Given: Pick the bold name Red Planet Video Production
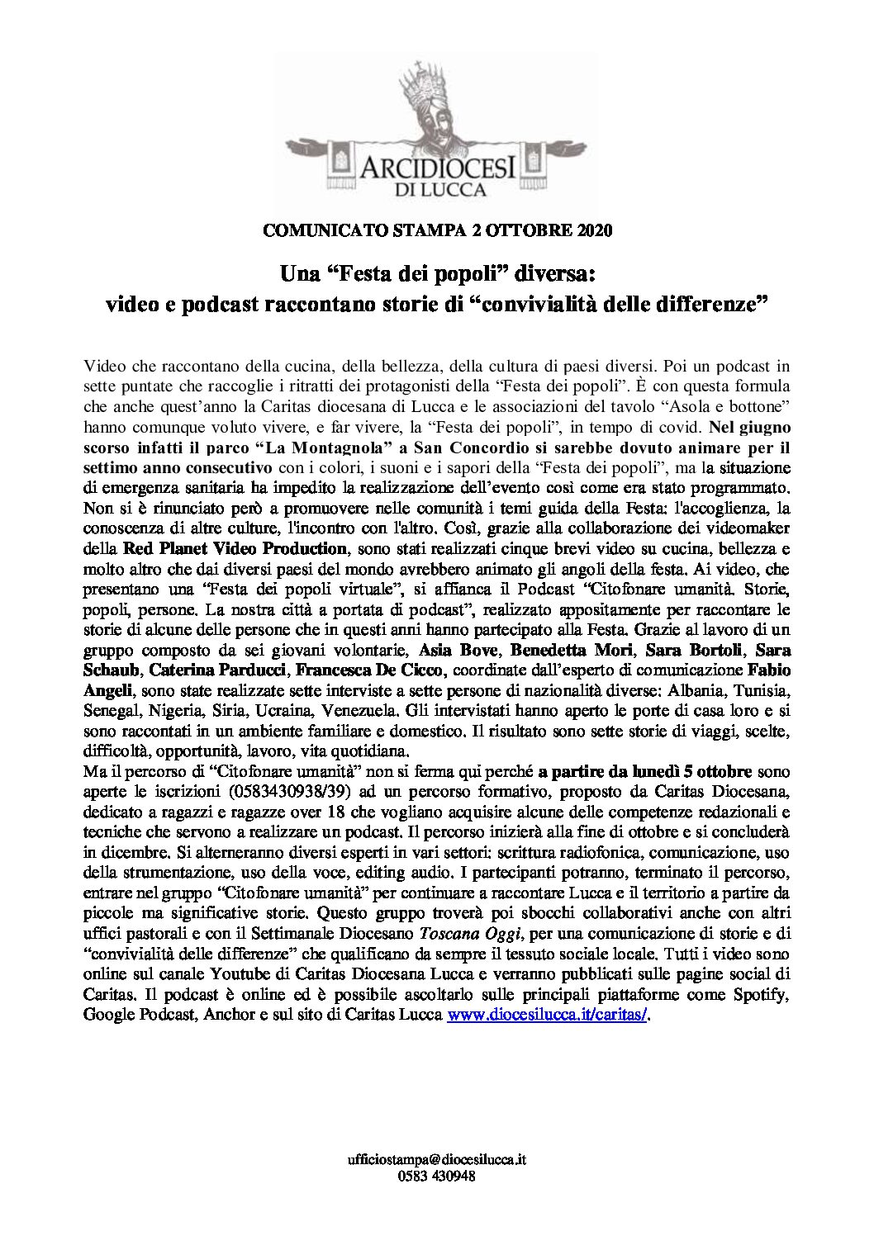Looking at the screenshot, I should [235, 548].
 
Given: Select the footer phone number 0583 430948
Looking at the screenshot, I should [436, 1177].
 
